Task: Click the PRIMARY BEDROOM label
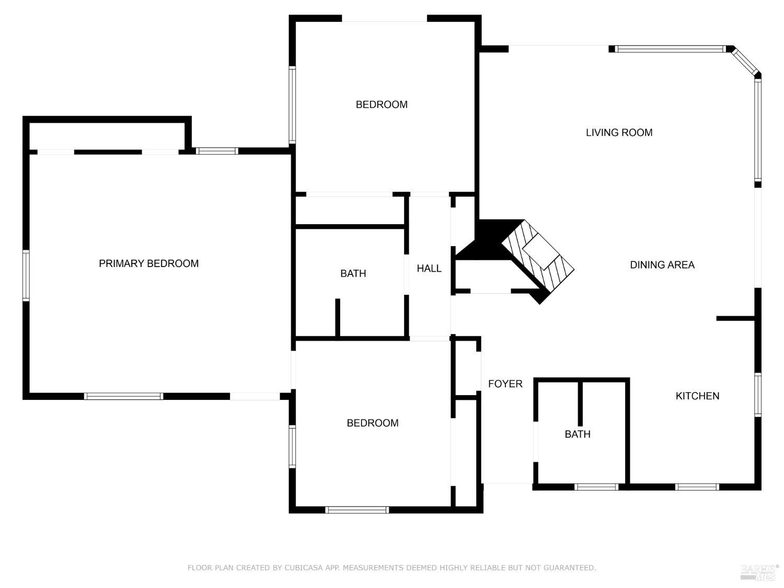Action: tap(148, 263)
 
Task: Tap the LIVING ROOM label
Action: tap(619, 132)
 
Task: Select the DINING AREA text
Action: tap(662, 264)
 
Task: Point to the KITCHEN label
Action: tap(697, 396)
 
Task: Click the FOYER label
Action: tap(505, 384)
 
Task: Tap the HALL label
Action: tap(429, 269)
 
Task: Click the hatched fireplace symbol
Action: tap(538, 255)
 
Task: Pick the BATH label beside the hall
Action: tap(353, 273)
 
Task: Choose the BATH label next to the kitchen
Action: tap(577, 434)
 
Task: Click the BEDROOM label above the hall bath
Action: tap(382, 105)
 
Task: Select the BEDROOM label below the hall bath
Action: tap(373, 423)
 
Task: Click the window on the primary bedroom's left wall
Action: tap(26, 275)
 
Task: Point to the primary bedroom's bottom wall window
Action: tap(123, 396)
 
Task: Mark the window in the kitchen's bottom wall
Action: tap(697, 487)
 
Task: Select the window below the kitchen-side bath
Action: tap(596, 487)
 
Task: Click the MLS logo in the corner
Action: tap(760, 573)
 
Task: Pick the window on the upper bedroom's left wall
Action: tap(292, 105)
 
